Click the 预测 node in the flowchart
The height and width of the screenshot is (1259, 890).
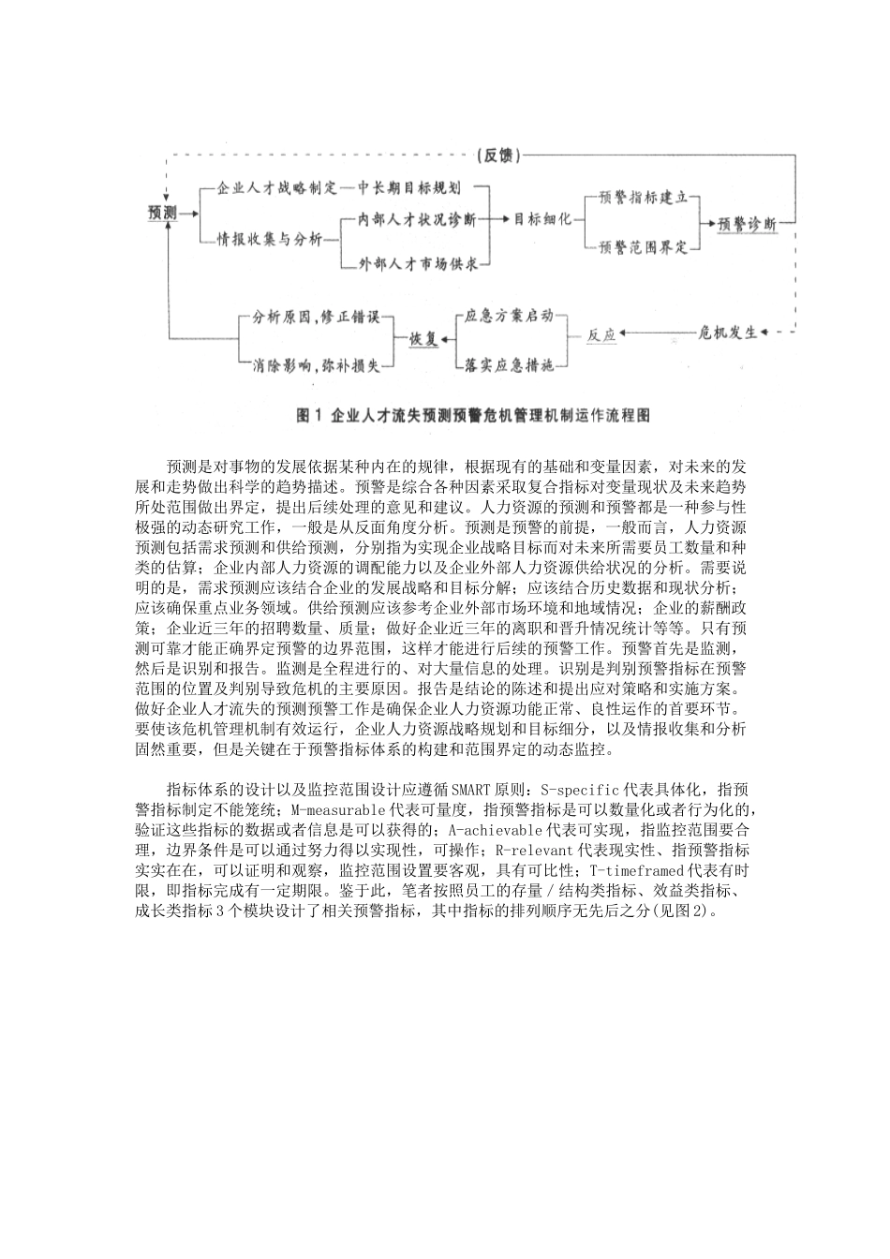[162, 214]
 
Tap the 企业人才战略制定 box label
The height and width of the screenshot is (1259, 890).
[277, 187]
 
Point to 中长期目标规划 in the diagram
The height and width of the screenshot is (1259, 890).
[416, 187]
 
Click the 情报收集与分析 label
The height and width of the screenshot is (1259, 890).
[270, 240]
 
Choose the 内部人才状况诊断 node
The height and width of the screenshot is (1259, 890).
[417, 219]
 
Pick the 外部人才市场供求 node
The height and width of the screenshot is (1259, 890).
[419, 264]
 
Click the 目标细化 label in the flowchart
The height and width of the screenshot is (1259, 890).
[543, 219]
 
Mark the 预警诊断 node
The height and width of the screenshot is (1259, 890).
[748, 225]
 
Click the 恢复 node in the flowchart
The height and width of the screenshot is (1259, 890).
[423, 339]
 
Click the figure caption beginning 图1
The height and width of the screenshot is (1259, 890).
[472, 415]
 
